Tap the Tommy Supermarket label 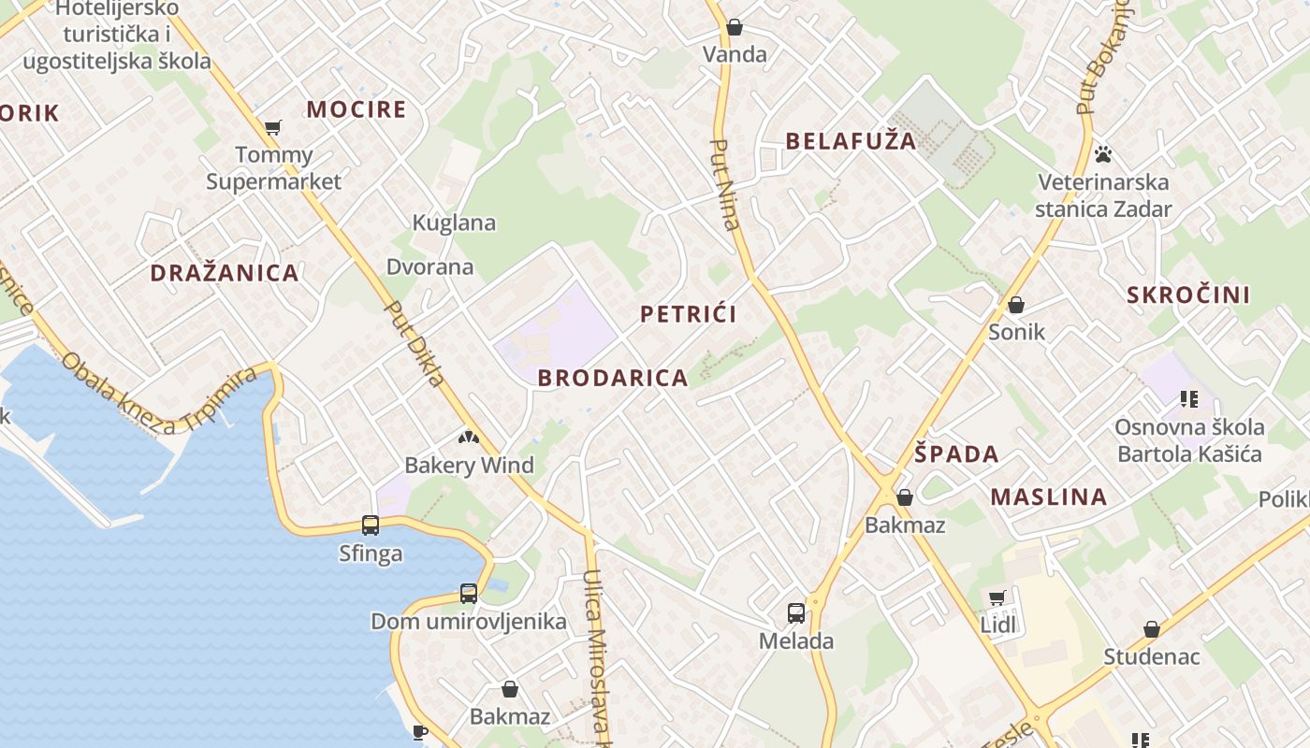[x=273, y=168]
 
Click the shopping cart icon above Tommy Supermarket [x=273, y=127]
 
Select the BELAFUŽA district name [x=850, y=141]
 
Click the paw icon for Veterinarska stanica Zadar [x=1103, y=154]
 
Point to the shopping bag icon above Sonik [x=1016, y=305]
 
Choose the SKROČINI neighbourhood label [x=1188, y=295]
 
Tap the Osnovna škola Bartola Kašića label [x=1188, y=441]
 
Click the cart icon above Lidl [x=997, y=597]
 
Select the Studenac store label [x=1151, y=656]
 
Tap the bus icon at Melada [x=795, y=613]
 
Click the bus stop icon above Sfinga [x=371, y=525]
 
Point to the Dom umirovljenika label [x=468, y=622]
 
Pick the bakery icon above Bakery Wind [x=469, y=437]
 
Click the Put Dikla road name [x=415, y=343]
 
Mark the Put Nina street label [x=725, y=184]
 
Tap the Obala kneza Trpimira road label [x=158, y=392]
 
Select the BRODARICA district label [x=613, y=378]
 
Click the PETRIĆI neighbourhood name [x=688, y=314]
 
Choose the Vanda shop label [x=735, y=54]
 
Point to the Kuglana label [x=454, y=223]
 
